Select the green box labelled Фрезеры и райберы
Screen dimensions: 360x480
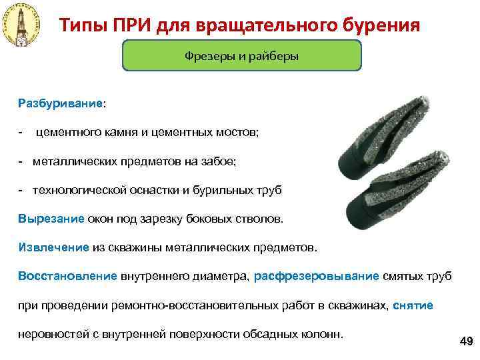tap(241, 56)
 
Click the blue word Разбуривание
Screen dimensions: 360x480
tap(61, 104)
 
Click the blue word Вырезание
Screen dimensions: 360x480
tap(51, 218)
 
